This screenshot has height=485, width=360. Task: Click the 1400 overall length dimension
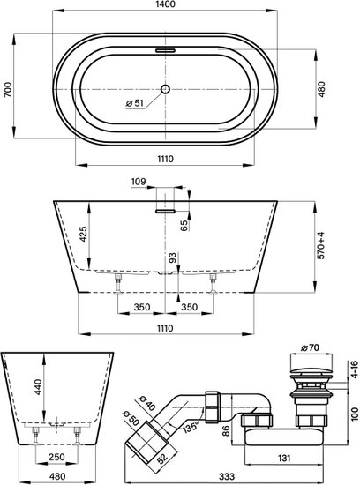(x=165, y=4)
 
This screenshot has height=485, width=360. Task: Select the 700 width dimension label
(x=8, y=89)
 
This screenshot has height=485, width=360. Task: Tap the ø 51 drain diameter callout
(x=135, y=103)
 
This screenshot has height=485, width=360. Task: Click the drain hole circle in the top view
(x=165, y=89)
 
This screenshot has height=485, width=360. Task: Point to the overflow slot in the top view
(x=165, y=50)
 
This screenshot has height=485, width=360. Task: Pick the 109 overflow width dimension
(x=138, y=182)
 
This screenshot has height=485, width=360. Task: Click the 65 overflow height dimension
(x=184, y=226)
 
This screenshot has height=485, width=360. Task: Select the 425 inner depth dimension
(x=83, y=235)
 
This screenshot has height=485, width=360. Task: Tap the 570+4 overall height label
(x=321, y=246)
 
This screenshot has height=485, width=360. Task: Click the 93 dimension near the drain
(x=173, y=257)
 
